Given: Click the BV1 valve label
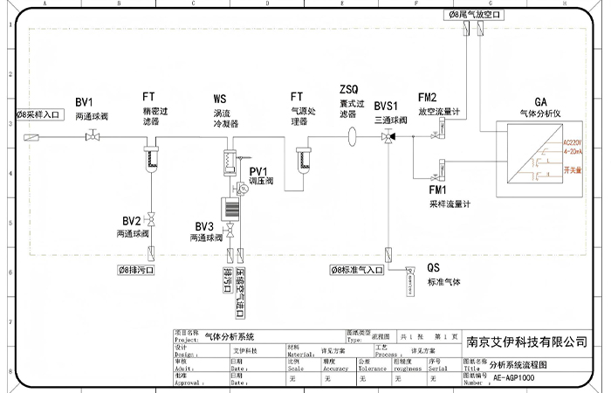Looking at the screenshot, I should (x=84, y=101).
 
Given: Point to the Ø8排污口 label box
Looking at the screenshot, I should (x=137, y=270).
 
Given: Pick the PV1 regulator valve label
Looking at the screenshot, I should (x=259, y=170).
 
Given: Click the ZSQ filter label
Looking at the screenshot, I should (x=348, y=90).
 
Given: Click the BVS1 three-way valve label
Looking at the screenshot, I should (x=387, y=104).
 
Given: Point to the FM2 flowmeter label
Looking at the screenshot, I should (x=428, y=97).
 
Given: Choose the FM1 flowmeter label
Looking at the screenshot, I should (x=437, y=190).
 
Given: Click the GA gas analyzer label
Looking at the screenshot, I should (x=541, y=102).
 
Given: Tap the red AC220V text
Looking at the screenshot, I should (x=573, y=141).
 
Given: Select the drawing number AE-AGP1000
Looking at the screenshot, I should (x=513, y=379).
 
